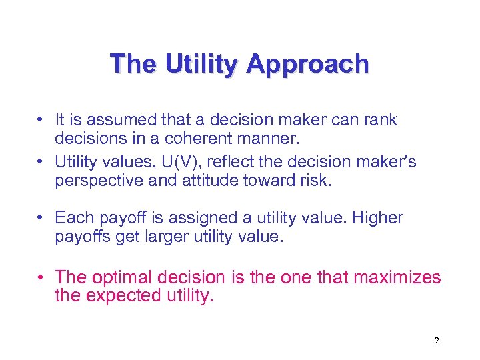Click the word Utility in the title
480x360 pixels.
(205, 65)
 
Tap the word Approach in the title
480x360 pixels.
(307, 65)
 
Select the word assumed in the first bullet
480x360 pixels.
(123, 120)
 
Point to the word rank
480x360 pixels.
(379, 120)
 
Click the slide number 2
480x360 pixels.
(437, 341)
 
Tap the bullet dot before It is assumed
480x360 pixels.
(42, 120)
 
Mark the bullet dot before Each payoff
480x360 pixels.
(42, 218)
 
